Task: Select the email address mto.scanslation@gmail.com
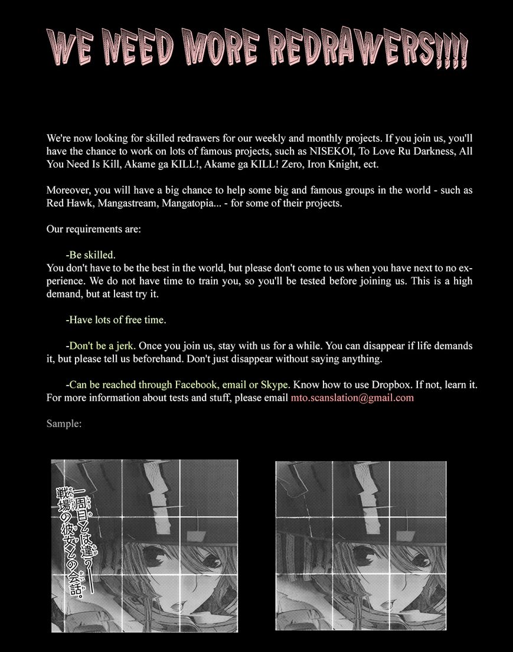[352, 397]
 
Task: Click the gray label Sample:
[64, 423]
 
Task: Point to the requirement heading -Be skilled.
[91, 255]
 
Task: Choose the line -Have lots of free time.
[116, 320]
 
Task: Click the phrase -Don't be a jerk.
[101, 345]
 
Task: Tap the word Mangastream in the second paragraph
[123, 203]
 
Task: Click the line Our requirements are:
[94, 229]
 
